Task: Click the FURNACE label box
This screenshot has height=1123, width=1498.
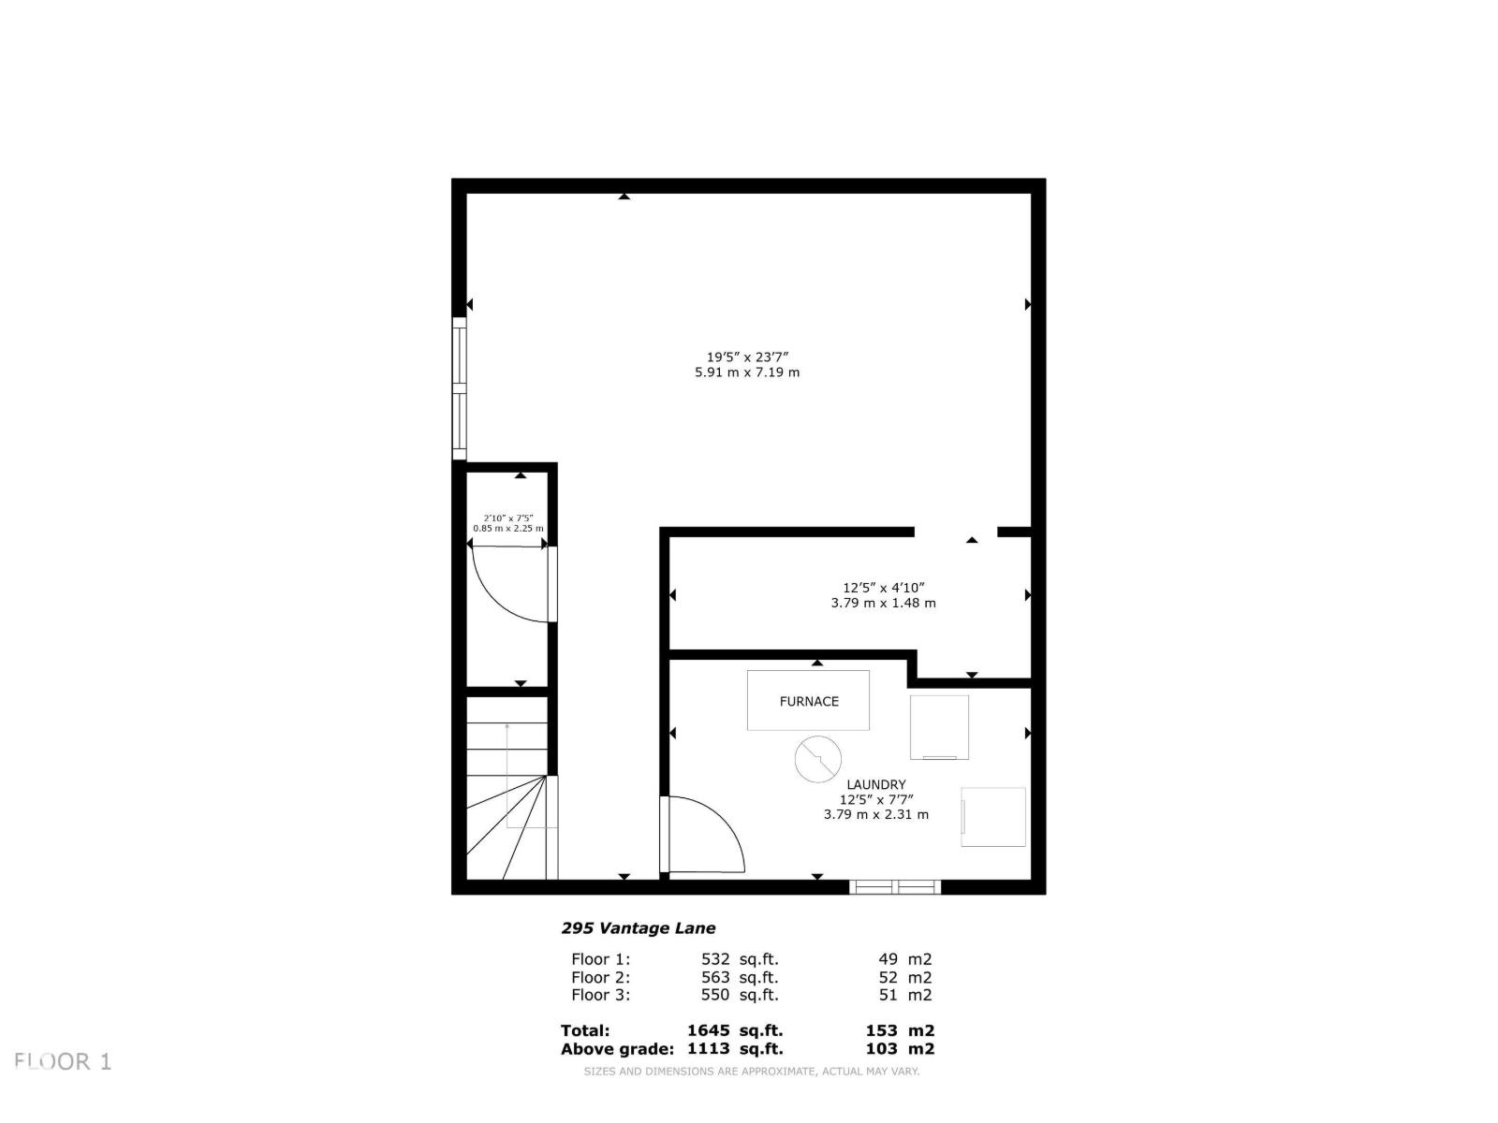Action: click(808, 700)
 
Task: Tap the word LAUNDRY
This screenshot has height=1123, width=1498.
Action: click(875, 784)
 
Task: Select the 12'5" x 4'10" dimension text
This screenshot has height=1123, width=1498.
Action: click(884, 588)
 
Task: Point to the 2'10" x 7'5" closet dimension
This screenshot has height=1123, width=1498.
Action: click(507, 518)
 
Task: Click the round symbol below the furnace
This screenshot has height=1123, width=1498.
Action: click(817, 759)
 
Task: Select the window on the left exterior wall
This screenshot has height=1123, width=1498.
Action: click(460, 388)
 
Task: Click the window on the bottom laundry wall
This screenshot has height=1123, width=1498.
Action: click(894, 886)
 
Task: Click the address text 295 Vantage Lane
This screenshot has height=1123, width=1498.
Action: click(639, 928)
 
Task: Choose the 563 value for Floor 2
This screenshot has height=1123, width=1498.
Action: click(715, 977)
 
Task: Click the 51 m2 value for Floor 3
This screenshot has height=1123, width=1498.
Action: click(904, 995)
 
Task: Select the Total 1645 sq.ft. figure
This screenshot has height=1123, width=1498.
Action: click(735, 1030)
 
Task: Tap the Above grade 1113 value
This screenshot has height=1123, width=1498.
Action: click(709, 1049)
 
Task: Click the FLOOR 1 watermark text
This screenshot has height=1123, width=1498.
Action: click(63, 1061)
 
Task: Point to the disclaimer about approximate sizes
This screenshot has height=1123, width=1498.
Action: click(751, 1072)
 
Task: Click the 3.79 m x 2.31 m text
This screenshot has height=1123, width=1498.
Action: click(875, 814)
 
